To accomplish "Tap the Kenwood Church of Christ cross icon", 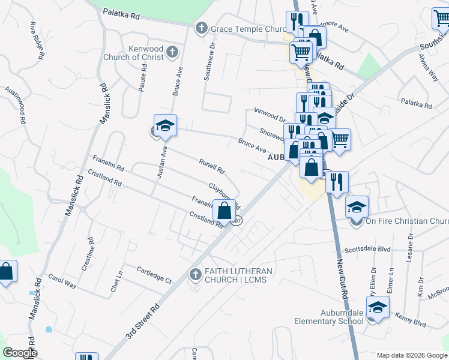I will [x=172, y=52].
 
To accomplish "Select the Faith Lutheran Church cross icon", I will [x=194, y=275].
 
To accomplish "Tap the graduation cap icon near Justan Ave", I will [x=165, y=126].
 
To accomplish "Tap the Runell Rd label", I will [x=211, y=166].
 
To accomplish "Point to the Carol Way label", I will [x=62, y=281].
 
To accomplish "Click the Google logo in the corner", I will [x=19, y=353].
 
